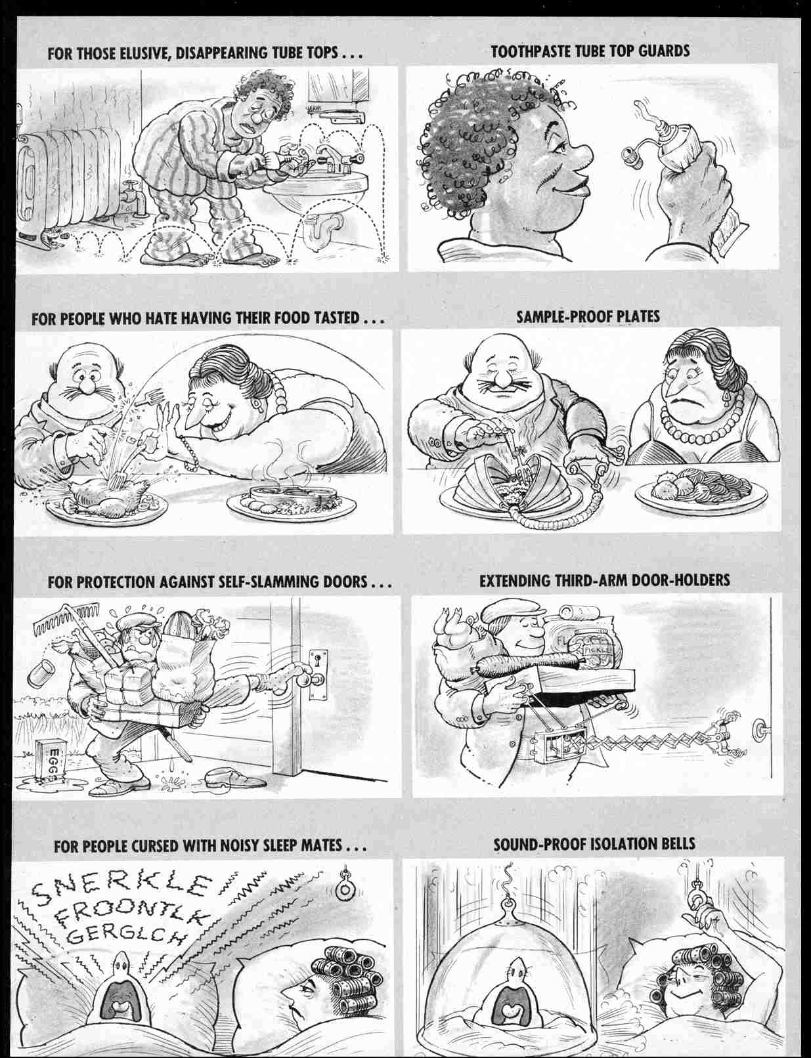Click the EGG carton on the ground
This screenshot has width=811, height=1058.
[x=55, y=760]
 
